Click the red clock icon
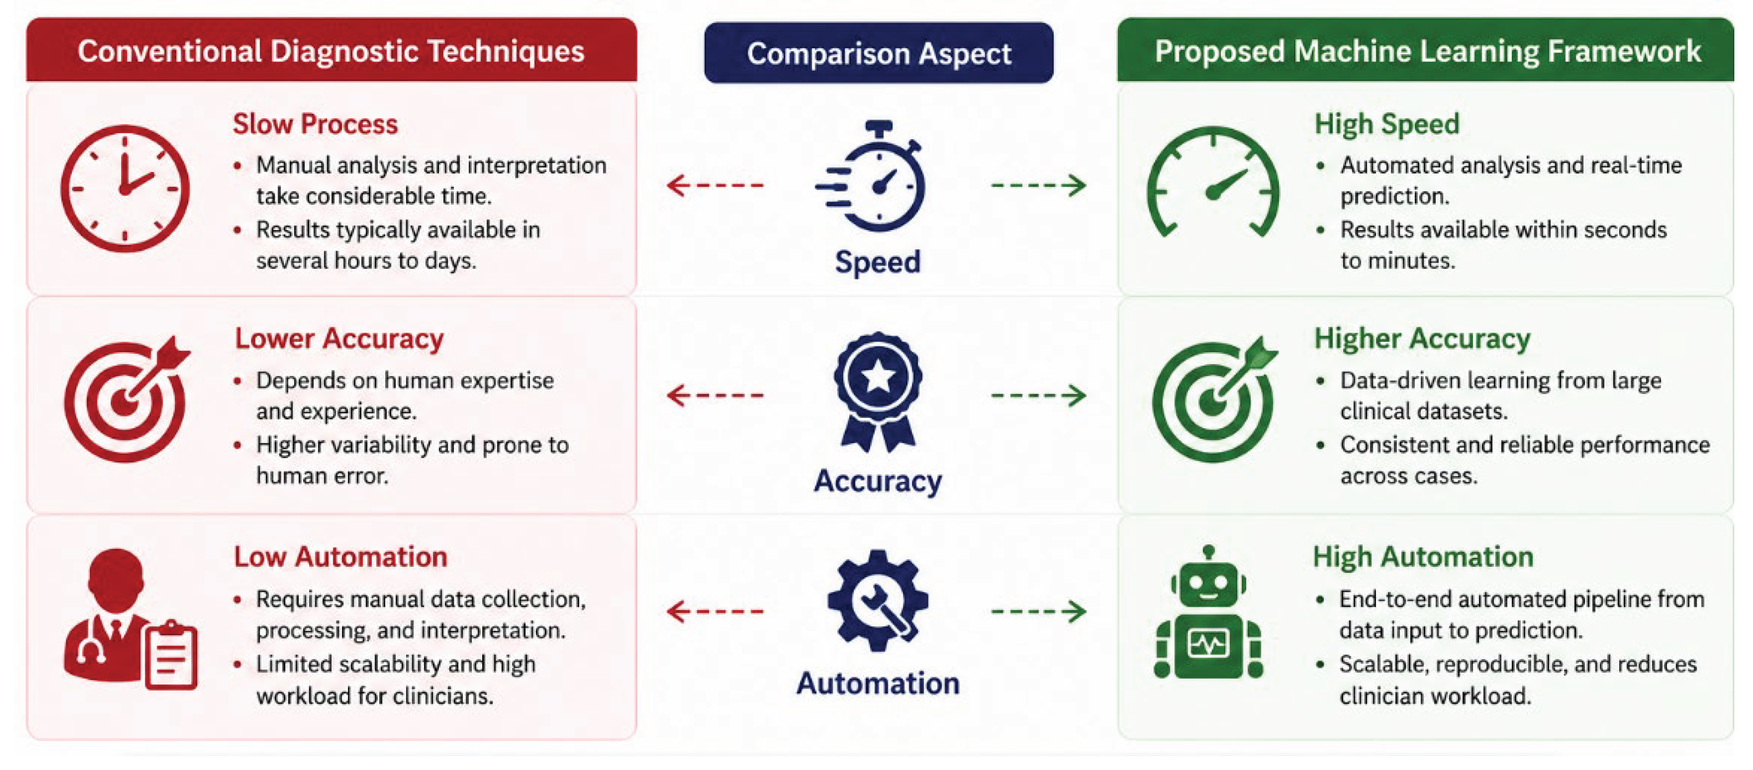pyautogui.click(x=124, y=188)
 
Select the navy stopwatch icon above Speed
pyautogui.click(x=872, y=176)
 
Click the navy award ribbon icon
pyautogui.click(x=877, y=391)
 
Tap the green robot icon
pyautogui.click(x=1208, y=612)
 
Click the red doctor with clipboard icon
pyautogui.click(x=129, y=619)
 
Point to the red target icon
pyautogui.click(x=126, y=399)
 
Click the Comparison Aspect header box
pyautogui.click(x=878, y=53)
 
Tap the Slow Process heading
pyautogui.click(x=315, y=124)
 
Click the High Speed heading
pyautogui.click(x=1387, y=124)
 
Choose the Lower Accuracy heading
pyautogui.click(x=339, y=339)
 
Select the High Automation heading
pyautogui.click(x=1423, y=557)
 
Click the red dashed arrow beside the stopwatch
pyautogui.click(x=715, y=185)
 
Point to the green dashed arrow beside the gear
pyautogui.click(x=1038, y=611)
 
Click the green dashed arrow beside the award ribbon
pyautogui.click(x=1038, y=394)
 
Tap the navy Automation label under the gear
pyautogui.click(x=878, y=683)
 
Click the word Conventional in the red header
pyautogui.click(x=169, y=51)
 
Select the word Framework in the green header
pyautogui.click(x=1624, y=51)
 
